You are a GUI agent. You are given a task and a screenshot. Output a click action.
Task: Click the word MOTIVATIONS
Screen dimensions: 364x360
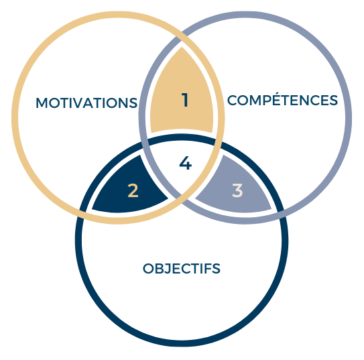click(x=86, y=103)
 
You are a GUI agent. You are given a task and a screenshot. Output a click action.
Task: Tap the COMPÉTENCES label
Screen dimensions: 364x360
click(x=282, y=100)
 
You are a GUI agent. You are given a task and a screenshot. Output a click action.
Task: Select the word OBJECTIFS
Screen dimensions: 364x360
click(x=181, y=268)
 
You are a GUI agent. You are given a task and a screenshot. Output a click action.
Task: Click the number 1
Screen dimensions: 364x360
click(x=185, y=100)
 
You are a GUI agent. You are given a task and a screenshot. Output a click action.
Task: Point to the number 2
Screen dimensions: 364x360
click(x=133, y=190)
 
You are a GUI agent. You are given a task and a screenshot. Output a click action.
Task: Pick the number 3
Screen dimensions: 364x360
click(x=237, y=190)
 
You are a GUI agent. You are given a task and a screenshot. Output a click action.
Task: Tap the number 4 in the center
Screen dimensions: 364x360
click(x=186, y=163)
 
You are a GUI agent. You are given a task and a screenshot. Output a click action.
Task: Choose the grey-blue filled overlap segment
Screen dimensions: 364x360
click(x=233, y=188)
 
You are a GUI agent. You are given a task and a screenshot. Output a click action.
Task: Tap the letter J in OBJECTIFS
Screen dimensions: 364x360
click(x=168, y=269)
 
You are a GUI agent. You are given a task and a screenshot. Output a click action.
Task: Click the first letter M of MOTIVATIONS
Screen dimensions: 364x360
click(x=42, y=103)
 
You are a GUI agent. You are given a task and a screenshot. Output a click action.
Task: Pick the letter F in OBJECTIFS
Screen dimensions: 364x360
click(x=206, y=269)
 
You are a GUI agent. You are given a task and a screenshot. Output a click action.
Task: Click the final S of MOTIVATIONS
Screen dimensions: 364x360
click(x=133, y=103)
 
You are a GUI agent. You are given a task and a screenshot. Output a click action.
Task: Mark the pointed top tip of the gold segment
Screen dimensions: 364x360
click(x=182, y=47)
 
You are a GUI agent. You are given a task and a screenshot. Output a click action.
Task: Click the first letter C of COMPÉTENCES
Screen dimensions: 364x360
click(x=232, y=101)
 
